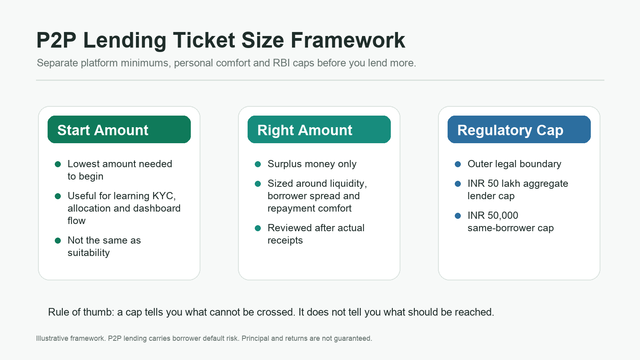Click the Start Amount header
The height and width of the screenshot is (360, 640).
(x=119, y=130)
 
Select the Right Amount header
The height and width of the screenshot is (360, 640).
(x=319, y=130)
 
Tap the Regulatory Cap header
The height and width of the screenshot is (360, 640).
(x=519, y=130)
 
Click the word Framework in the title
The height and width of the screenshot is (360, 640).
(x=348, y=40)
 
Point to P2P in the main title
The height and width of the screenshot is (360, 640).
(x=56, y=40)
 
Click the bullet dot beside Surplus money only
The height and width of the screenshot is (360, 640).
(x=258, y=164)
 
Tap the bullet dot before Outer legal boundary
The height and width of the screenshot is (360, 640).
(x=458, y=164)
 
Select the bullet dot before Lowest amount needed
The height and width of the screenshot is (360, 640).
(x=58, y=164)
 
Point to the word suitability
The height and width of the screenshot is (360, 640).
(x=88, y=253)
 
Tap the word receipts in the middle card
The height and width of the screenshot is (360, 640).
(x=285, y=240)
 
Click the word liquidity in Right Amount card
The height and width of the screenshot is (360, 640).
(x=348, y=184)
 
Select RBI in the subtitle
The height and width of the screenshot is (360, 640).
(x=282, y=63)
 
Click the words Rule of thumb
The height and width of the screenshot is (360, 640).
(x=81, y=312)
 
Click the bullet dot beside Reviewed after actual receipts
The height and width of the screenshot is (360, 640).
(x=258, y=228)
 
